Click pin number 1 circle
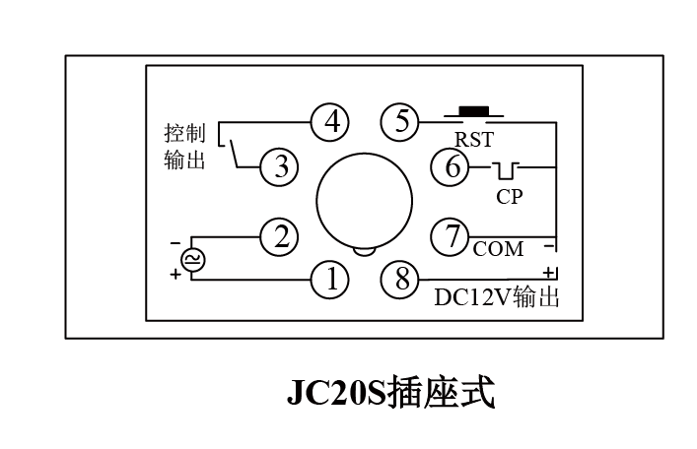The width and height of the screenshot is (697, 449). (331, 281)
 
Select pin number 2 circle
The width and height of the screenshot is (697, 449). (280, 235)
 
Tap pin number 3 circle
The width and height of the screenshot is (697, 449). (280, 167)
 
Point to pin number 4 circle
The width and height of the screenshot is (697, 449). (331, 122)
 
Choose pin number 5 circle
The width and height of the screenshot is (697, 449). (401, 122)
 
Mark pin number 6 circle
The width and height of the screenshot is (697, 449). (453, 167)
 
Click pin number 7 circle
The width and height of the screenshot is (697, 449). (453, 235)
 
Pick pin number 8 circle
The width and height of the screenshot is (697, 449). (401, 281)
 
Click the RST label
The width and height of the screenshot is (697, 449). (473, 140)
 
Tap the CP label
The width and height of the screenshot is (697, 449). (510, 196)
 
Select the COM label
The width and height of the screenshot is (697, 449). (498, 250)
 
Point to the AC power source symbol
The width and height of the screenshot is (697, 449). (191, 259)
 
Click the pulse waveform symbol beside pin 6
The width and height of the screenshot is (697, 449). (510, 169)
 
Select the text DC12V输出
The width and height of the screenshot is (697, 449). (497, 297)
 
